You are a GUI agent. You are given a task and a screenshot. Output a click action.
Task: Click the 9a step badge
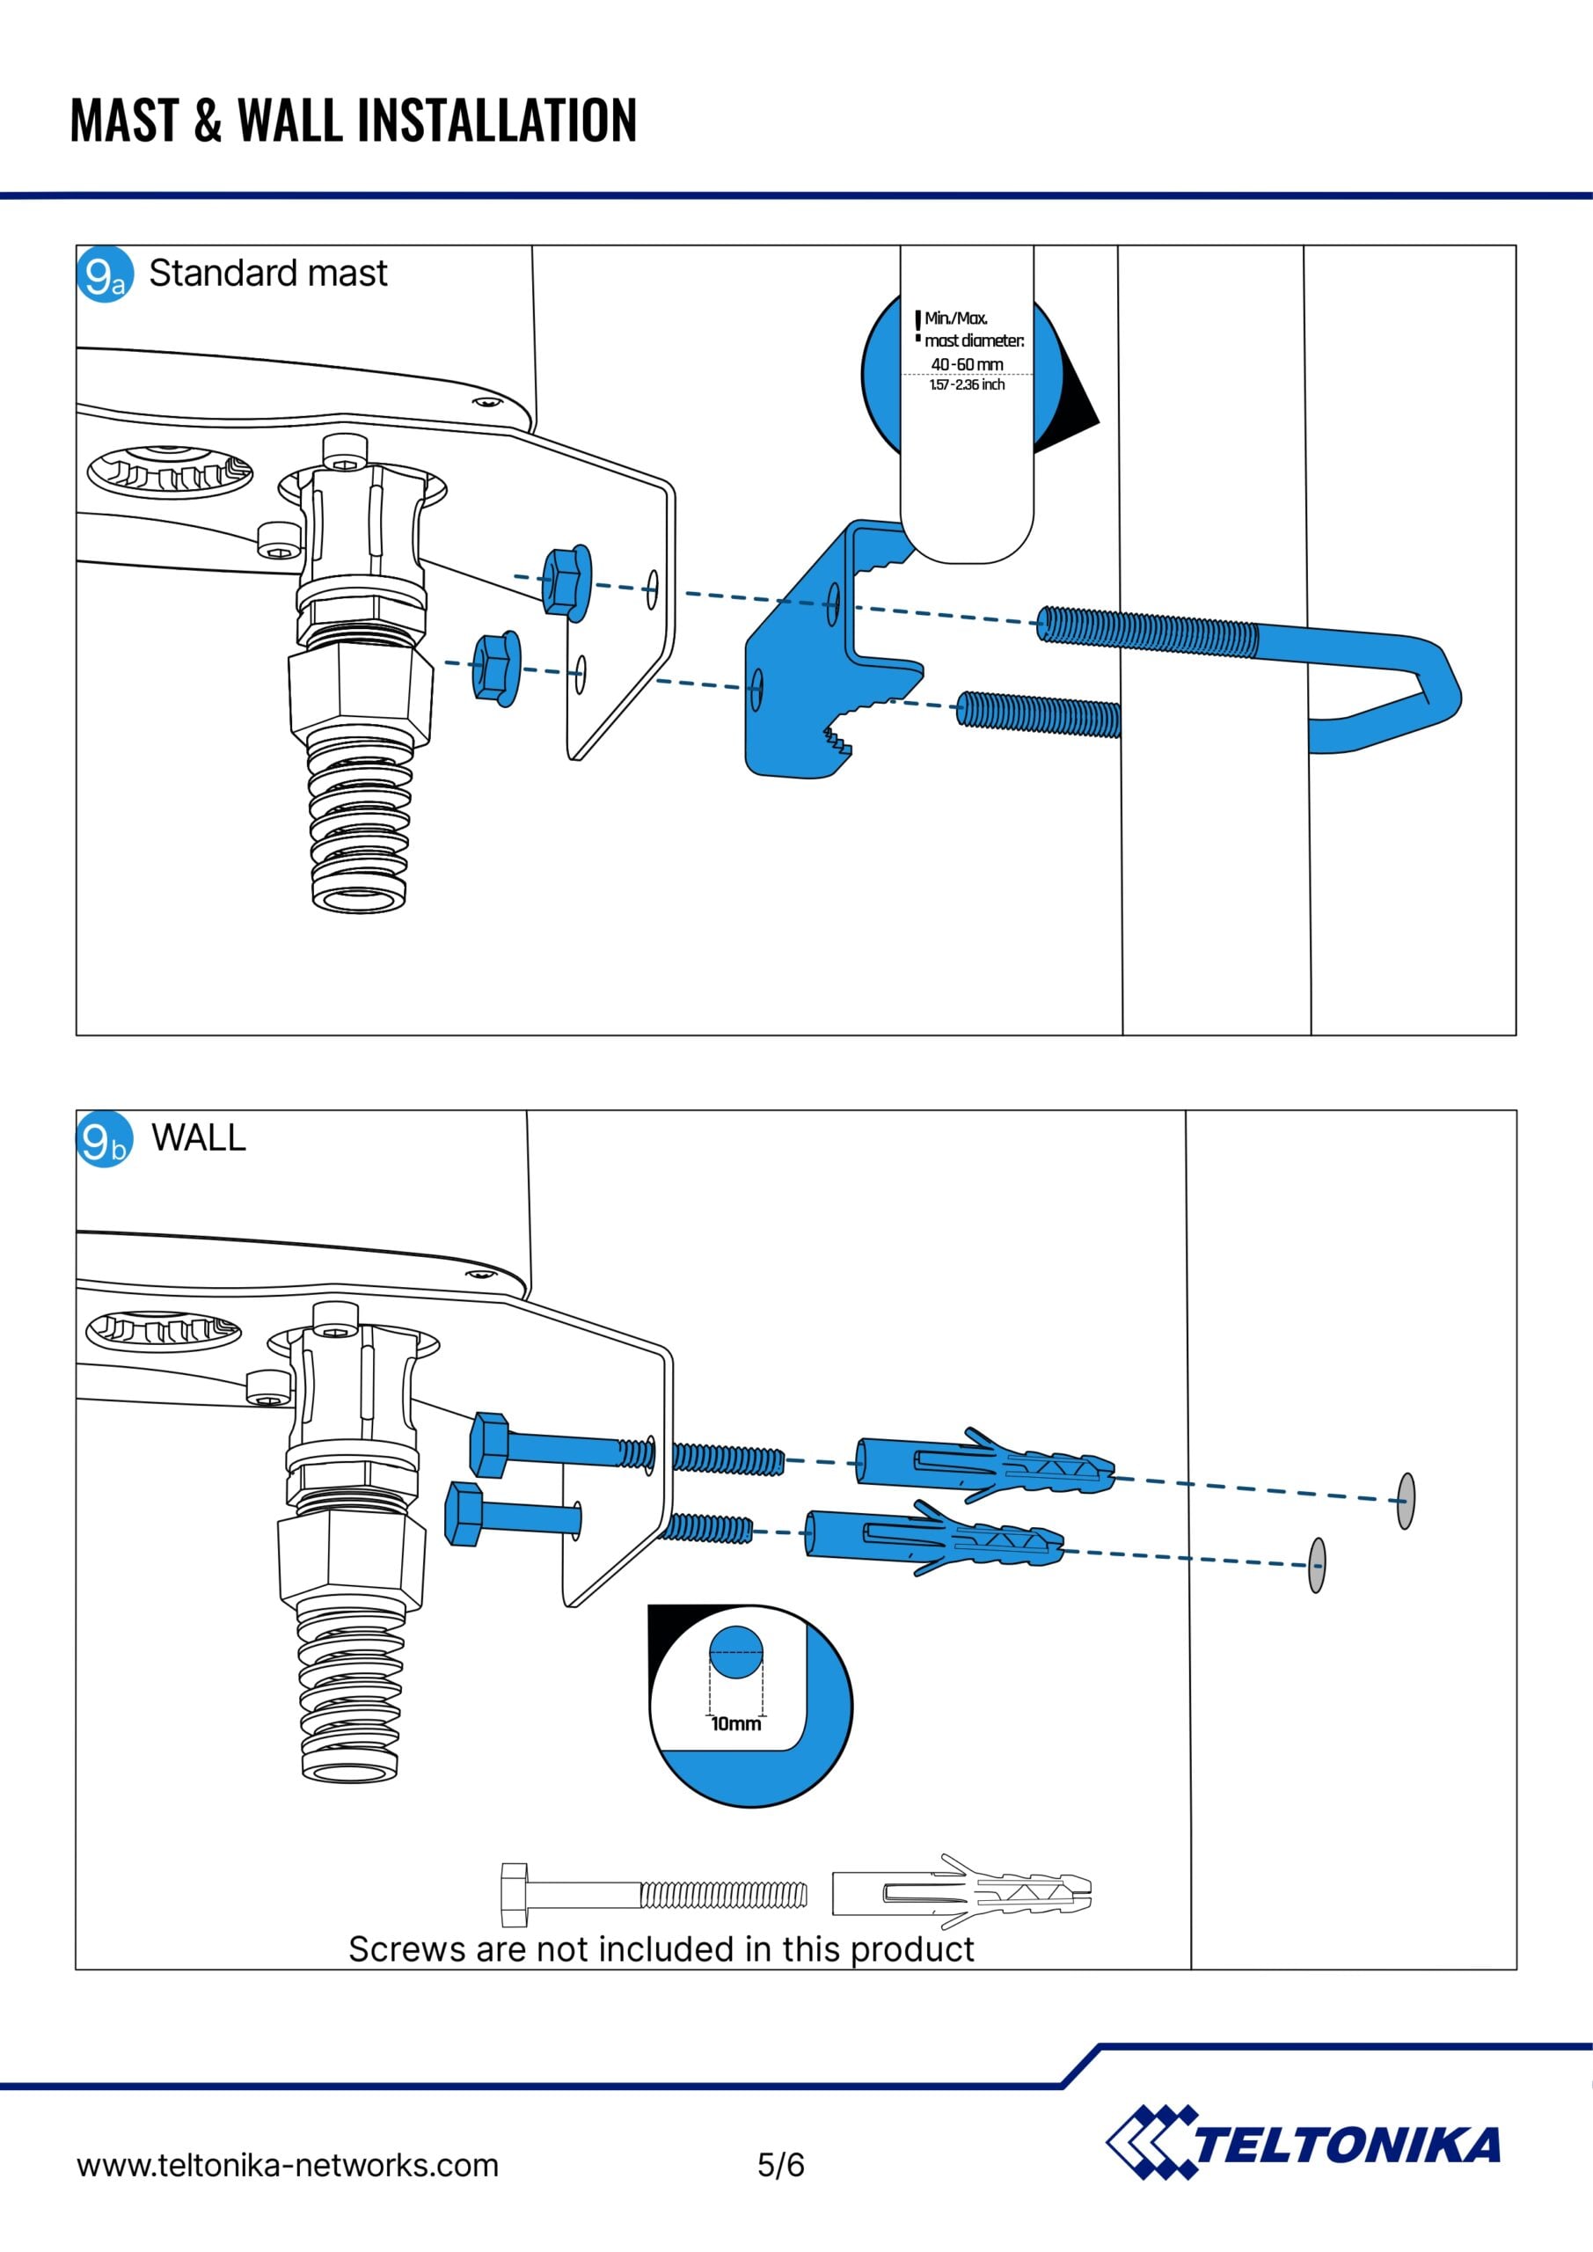pos(104,274)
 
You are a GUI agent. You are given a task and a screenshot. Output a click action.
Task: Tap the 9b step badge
pos(104,1140)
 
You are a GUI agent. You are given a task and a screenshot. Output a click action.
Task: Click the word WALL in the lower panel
pos(198,1137)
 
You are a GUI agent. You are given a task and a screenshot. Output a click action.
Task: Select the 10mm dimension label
pos(735,1723)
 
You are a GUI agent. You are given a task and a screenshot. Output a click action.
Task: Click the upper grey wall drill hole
pos(1406,1501)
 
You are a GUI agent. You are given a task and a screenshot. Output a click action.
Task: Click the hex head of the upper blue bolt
pos(488,1444)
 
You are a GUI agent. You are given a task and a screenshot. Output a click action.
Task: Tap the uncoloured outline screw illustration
pos(654,1894)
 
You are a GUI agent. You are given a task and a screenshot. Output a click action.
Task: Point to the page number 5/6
pos(781,2164)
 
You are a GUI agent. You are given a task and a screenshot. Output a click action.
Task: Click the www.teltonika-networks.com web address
pos(288,2165)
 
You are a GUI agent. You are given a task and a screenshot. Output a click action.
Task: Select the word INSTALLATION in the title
pos(496,121)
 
